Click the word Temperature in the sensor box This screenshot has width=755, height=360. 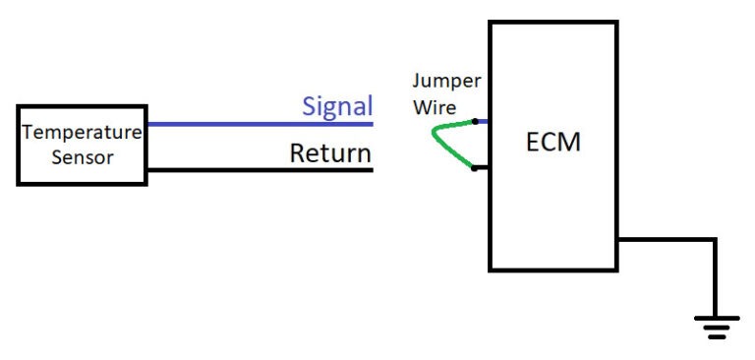coord(82,132)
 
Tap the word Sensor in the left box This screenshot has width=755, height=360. coord(82,156)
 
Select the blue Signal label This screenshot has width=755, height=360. coord(336,106)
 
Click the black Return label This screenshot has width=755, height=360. coord(330,153)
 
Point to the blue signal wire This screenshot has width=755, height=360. coord(256,124)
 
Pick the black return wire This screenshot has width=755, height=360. coord(256,169)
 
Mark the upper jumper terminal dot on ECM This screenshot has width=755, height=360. coord(475,122)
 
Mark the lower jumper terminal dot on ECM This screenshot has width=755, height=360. coord(475,167)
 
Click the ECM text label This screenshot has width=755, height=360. coord(552,142)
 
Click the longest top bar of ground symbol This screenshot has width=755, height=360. coord(715,318)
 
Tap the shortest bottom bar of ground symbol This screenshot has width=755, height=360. coord(715,336)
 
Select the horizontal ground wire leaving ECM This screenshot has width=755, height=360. coord(664,239)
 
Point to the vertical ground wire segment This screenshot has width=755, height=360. coord(715,280)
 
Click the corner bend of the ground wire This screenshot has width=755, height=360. coord(715,239)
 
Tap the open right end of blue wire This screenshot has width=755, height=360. coord(372,124)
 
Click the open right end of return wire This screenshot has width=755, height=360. coord(372,169)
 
